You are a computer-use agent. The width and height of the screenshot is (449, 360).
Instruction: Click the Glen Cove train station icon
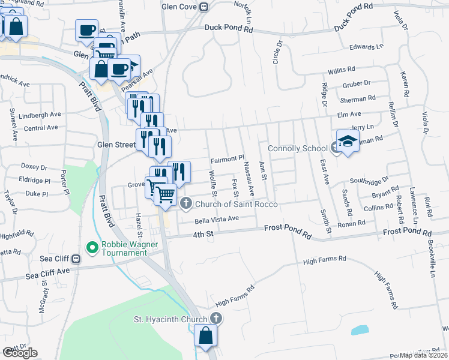[x=204, y=7]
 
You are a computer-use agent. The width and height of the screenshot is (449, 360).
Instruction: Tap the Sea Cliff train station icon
[x=76, y=259]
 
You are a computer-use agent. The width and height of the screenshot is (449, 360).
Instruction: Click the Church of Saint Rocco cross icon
[x=186, y=205]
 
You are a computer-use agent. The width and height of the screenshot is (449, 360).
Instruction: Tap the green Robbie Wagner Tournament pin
[x=92, y=247]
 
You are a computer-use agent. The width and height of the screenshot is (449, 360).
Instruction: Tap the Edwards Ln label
[x=366, y=47]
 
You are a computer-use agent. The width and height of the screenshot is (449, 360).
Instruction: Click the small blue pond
[x=360, y=330]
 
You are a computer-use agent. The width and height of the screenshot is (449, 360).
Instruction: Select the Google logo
[x=20, y=353]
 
